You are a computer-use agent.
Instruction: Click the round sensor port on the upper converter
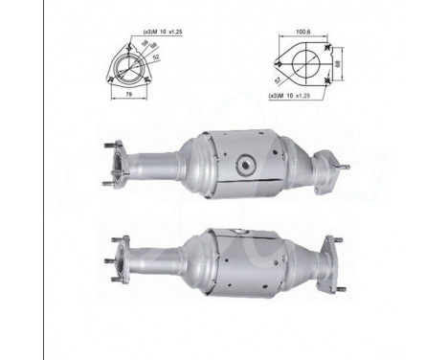pos(246,164)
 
